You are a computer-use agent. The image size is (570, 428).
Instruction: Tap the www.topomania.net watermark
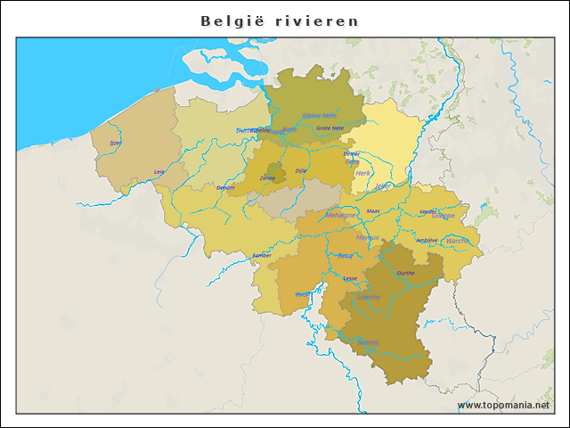pos(503,405)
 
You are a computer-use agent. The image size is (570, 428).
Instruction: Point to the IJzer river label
pos(115,143)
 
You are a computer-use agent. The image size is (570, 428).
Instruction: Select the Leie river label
pos(159,171)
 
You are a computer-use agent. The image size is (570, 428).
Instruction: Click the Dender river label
pos(225,188)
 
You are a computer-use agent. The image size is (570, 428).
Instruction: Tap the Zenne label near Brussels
pos(267,178)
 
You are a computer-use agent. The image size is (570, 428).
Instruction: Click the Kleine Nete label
pos(320,115)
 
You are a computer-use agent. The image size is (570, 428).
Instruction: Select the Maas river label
pos(373,211)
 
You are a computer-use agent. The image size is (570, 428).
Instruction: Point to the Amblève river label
pos(427,240)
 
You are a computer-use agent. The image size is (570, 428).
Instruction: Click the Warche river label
pos(457,241)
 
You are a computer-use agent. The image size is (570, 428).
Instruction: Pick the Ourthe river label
pos(405,273)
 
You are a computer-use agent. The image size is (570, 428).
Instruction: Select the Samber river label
pos(262,255)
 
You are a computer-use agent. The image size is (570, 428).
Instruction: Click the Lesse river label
pos(350,278)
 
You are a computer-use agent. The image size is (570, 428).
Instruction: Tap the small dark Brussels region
pos(278,172)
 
